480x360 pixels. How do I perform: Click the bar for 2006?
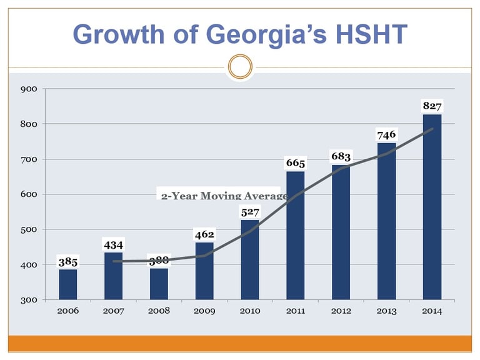point(68,284)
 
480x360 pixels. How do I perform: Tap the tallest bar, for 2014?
point(432,206)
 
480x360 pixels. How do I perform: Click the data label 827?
point(432,107)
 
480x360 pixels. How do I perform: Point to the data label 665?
point(296,164)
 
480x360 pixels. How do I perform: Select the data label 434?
point(114,246)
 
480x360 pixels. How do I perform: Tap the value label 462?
point(204,235)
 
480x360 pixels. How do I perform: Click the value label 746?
point(386,135)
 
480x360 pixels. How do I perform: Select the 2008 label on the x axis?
point(159,311)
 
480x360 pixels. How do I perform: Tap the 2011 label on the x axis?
point(296,311)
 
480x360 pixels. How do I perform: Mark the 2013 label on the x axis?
point(386,311)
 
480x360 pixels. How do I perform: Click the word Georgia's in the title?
point(266,34)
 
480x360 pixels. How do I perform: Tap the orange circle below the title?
point(239,66)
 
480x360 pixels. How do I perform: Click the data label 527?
point(250,213)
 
